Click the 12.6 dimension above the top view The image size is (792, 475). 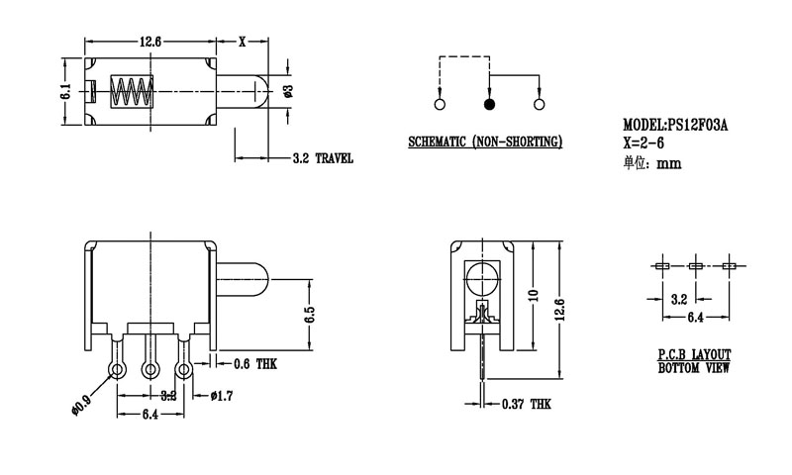coord(150,41)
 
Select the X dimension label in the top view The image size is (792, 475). coord(243,41)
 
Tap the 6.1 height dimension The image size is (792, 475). coord(65,93)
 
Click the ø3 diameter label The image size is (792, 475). coord(288,92)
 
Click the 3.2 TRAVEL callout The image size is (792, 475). coord(323,158)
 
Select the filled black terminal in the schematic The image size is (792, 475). coord(488,104)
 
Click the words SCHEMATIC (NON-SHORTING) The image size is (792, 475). coord(485,142)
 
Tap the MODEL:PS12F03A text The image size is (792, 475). coord(676,126)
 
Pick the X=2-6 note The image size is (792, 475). coord(644,144)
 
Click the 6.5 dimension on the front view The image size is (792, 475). coord(310,316)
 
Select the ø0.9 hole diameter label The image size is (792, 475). coord(80,403)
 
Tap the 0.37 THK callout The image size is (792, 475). coord(526,405)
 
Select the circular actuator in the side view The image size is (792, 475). coord(482,277)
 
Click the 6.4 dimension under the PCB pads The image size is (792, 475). coord(695,318)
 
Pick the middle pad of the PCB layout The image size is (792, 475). coord(695,266)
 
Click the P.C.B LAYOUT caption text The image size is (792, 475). coord(694,353)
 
